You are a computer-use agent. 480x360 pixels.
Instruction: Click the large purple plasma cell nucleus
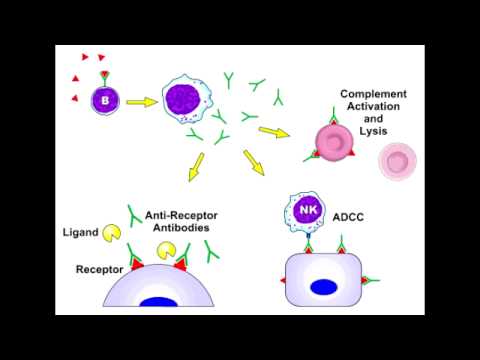187,101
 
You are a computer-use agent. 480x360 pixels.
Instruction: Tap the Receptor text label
98,269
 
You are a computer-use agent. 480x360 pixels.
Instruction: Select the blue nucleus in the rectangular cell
322,287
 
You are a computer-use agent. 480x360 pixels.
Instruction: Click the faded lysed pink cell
399,161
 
